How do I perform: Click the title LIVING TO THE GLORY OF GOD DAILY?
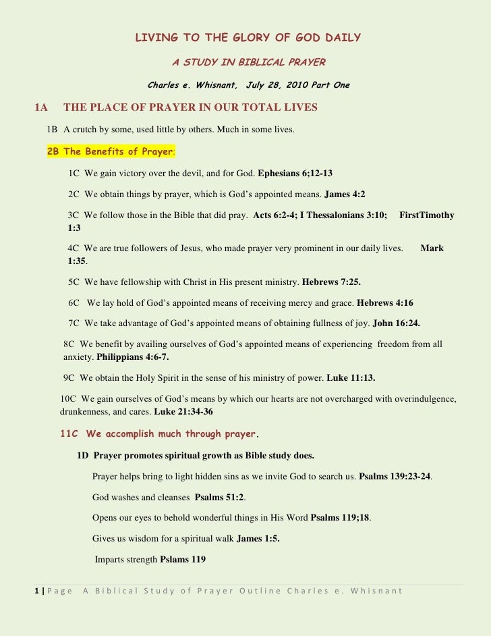(x=248, y=38)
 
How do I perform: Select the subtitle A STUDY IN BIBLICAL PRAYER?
(x=248, y=63)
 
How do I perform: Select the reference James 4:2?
(x=345, y=194)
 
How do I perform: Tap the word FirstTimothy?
(x=426, y=215)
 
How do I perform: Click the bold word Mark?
(x=432, y=248)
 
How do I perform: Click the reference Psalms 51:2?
(x=219, y=498)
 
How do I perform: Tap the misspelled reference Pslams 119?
(x=183, y=560)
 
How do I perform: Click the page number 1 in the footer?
(x=36, y=591)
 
